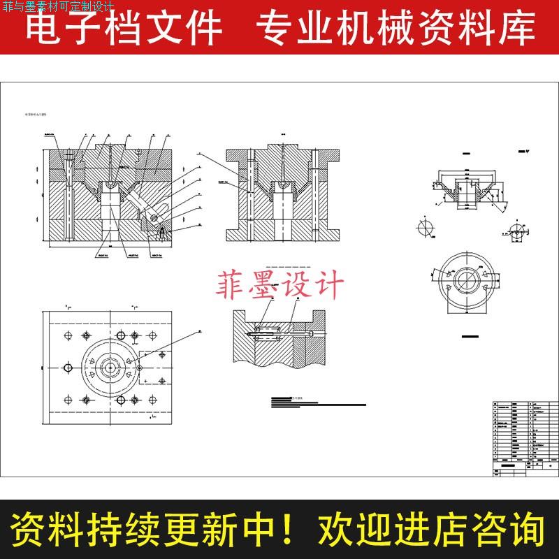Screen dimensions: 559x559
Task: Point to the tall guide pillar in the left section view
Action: pos(68,196)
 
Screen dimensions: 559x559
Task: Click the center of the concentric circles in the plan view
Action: pos(110,365)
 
